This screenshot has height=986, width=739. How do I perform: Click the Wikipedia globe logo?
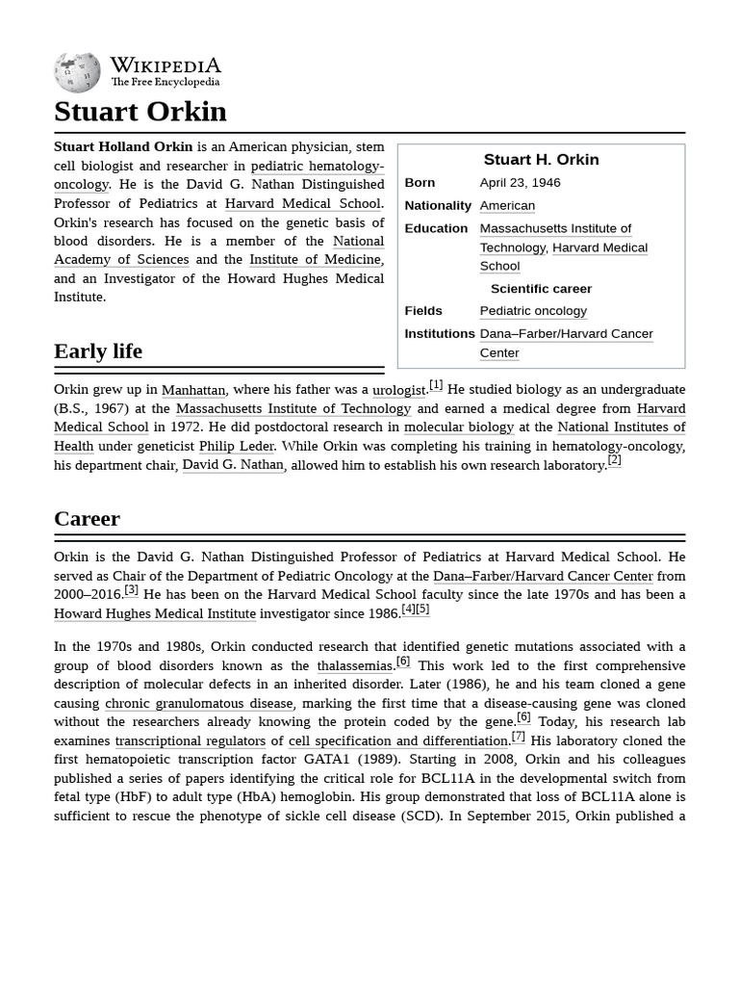tap(77, 73)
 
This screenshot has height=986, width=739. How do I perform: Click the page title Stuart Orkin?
tap(140, 112)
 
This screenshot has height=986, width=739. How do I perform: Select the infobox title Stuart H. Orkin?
tap(541, 160)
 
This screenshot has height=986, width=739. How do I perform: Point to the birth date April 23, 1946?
tap(520, 183)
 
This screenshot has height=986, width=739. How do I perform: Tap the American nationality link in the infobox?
tap(507, 205)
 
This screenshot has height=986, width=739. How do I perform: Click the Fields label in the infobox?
tap(423, 311)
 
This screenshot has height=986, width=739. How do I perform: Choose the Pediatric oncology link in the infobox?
tap(533, 311)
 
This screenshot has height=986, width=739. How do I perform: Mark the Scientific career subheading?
tap(541, 289)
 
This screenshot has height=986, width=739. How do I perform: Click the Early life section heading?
tap(98, 351)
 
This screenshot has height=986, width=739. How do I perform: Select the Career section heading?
tap(87, 519)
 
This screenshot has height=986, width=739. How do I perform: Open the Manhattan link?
tap(193, 390)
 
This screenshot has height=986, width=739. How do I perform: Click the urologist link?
tap(398, 390)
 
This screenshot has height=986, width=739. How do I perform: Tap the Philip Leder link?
tap(237, 446)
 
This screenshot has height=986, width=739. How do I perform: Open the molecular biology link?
tap(459, 428)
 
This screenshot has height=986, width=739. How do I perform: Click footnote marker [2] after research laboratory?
tap(614, 460)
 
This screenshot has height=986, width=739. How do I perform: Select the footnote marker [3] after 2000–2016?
tap(131, 590)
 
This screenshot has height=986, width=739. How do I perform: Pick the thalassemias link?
tap(355, 666)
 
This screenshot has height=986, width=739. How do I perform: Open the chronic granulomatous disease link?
tap(198, 704)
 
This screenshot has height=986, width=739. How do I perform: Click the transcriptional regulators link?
tap(190, 741)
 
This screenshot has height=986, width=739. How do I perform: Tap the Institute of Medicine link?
tap(315, 260)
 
